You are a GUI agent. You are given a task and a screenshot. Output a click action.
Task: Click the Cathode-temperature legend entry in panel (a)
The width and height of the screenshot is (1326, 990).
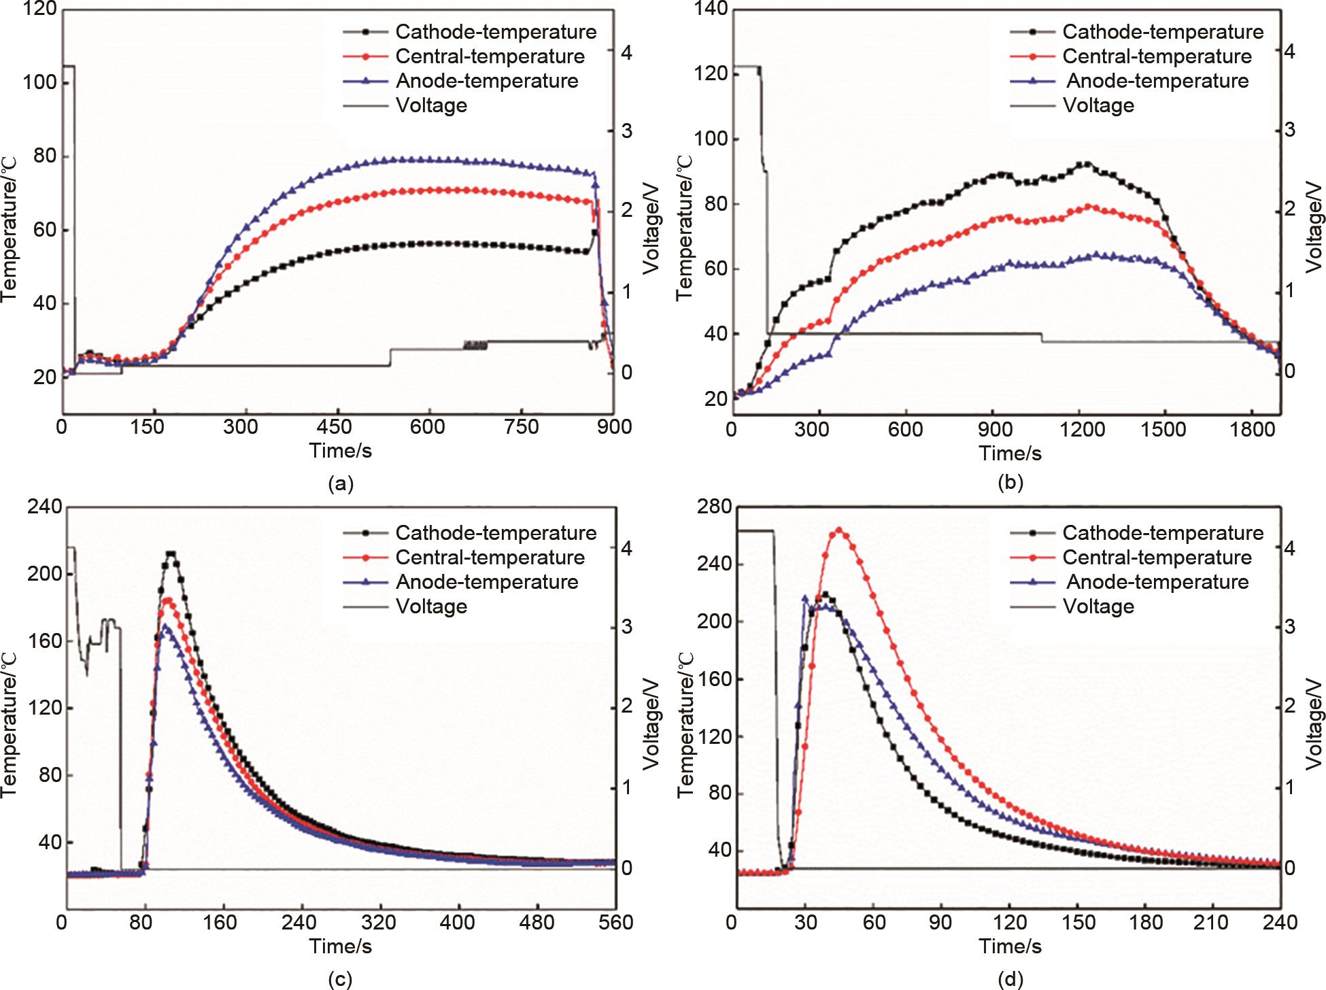click(x=496, y=32)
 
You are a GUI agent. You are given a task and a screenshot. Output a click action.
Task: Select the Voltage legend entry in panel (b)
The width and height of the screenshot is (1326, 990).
click(x=1098, y=105)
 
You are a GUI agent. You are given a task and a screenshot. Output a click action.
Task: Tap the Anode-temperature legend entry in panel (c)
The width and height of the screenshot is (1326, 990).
click(x=487, y=582)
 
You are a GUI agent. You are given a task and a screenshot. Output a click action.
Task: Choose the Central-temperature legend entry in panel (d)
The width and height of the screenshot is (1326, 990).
click(x=1157, y=558)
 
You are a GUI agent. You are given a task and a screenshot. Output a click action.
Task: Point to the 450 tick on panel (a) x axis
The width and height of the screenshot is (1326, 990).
click(x=334, y=427)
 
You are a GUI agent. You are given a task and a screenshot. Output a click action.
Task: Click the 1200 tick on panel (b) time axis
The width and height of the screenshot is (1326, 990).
click(x=1080, y=430)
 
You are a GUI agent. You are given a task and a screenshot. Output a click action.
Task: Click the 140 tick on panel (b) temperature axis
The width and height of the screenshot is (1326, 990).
click(x=711, y=10)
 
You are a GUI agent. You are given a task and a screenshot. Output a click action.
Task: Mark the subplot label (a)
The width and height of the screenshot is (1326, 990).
click(x=341, y=484)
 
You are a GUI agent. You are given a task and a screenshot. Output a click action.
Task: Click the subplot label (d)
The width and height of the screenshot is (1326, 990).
click(x=1010, y=980)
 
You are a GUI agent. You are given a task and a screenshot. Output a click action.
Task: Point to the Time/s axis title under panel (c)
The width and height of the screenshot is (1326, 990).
click(x=341, y=946)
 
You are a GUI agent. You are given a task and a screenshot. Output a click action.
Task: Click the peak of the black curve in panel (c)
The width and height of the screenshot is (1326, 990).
click(x=171, y=553)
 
